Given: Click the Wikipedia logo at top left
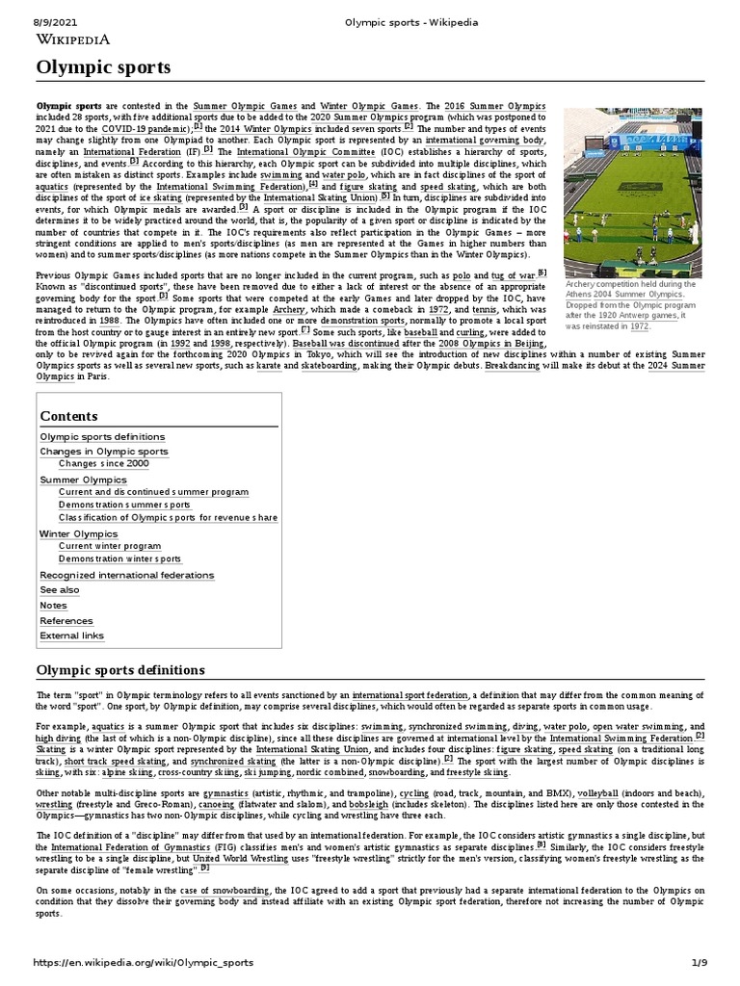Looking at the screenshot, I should pos(72,39).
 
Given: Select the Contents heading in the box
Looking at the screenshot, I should pos(68,416).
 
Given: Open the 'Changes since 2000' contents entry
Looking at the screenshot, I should pos(103,464).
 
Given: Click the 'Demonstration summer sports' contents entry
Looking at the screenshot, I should pos(124,505).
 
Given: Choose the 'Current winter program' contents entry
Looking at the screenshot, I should pos(109,546).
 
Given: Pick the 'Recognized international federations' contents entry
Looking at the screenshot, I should pos(126,575).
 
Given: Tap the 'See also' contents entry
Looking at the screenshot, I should pos(60,590).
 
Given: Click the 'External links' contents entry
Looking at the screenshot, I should pos(71,636).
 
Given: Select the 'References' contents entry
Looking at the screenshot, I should pos(66,621).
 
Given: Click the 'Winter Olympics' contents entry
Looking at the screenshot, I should pos(78,533).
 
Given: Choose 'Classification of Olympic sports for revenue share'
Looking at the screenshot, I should pos(168,518).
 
